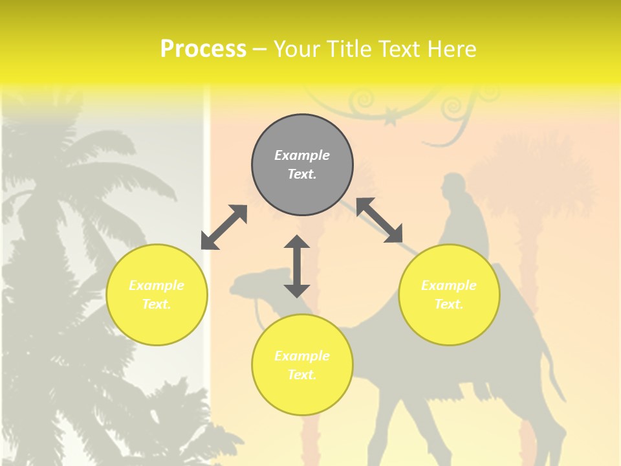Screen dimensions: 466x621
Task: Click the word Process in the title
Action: click(203, 49)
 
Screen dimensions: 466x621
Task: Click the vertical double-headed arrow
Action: click(297, 266)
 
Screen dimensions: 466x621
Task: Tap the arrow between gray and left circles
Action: click(224, 227)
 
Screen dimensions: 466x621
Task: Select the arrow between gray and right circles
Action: click(379, 220)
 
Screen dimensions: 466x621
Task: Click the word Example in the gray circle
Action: click(302, 155)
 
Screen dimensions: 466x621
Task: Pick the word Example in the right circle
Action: click(449, 285)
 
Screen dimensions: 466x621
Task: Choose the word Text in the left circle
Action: click(156, 304)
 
